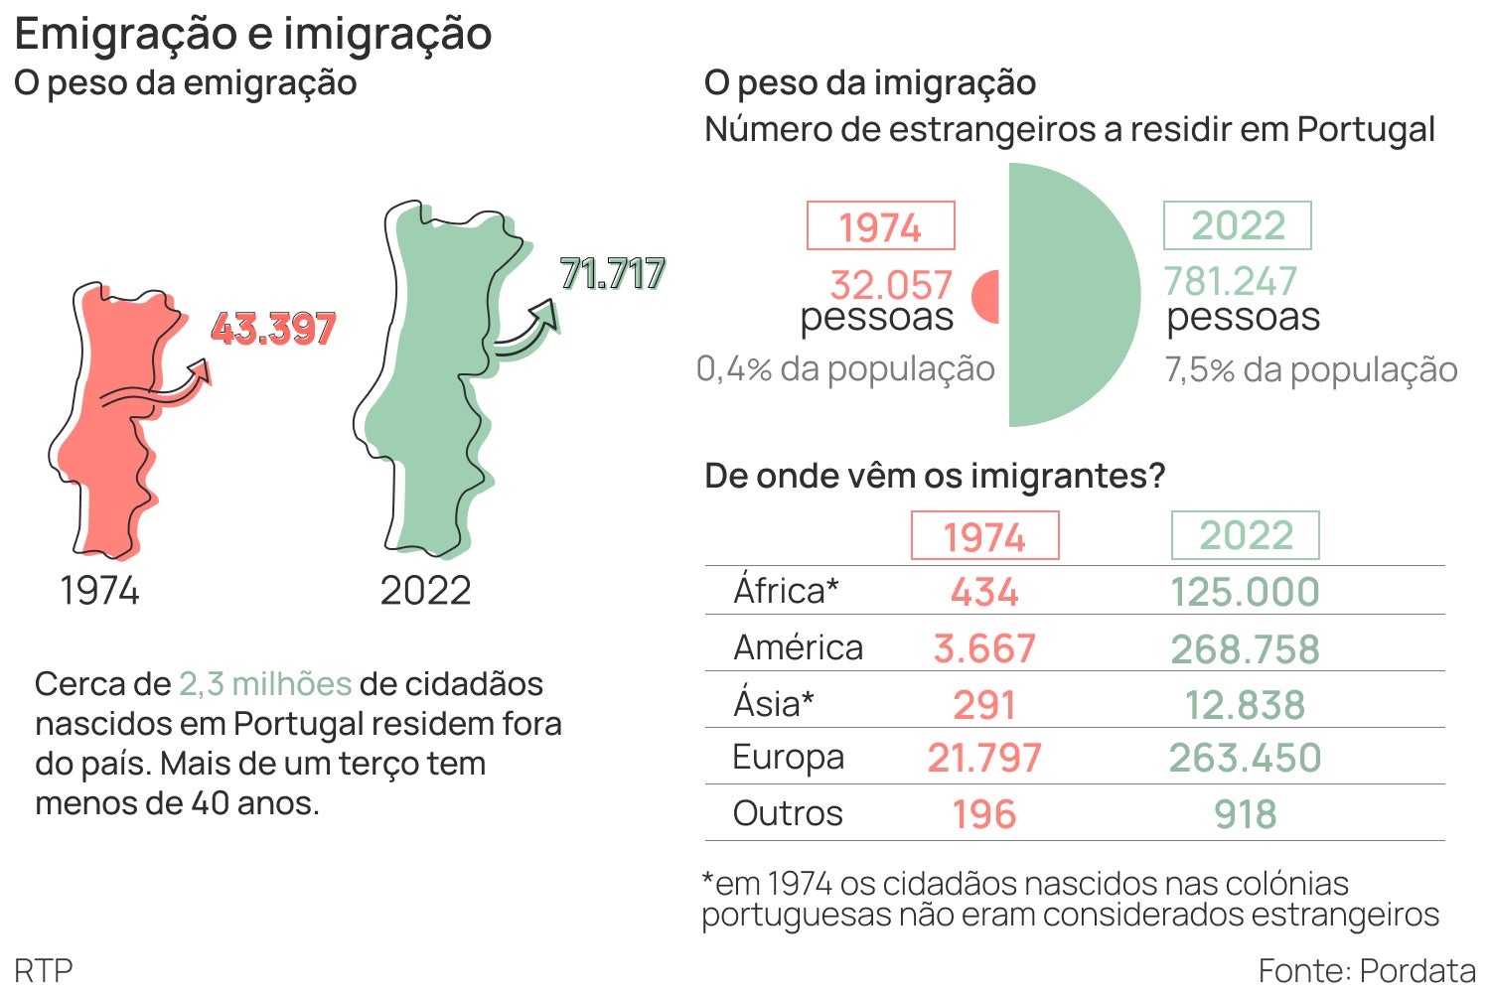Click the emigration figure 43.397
(273, 329)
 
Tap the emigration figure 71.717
(612, 274)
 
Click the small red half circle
(987, 297)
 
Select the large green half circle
(1068, 295)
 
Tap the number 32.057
(891, 286)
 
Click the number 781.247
(1230, 282)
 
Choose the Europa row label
(788, 758)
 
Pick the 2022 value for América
(1245, 649)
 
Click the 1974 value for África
(983, 593)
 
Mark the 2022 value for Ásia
(1245, 705)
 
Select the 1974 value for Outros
(983, 814)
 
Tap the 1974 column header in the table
(984, 536)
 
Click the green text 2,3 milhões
(265, 684)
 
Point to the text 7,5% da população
(1311, 369)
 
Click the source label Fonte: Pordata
(1367, 970)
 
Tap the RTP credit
(44, 970)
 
